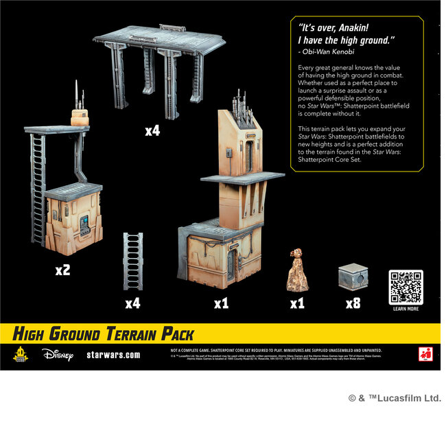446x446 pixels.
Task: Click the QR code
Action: (x=406, y=287)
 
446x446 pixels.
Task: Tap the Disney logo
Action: (x=57, y=355)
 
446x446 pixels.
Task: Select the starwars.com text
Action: (x=114, y=355)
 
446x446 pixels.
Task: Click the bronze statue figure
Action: (x=296, y=270)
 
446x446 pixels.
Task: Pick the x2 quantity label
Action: (x=62, y=270)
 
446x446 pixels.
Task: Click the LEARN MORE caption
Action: (x=406, y=309)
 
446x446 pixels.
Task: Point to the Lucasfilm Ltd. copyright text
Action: (x=395, y=399)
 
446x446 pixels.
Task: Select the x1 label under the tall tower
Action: (x=220, y=303)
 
